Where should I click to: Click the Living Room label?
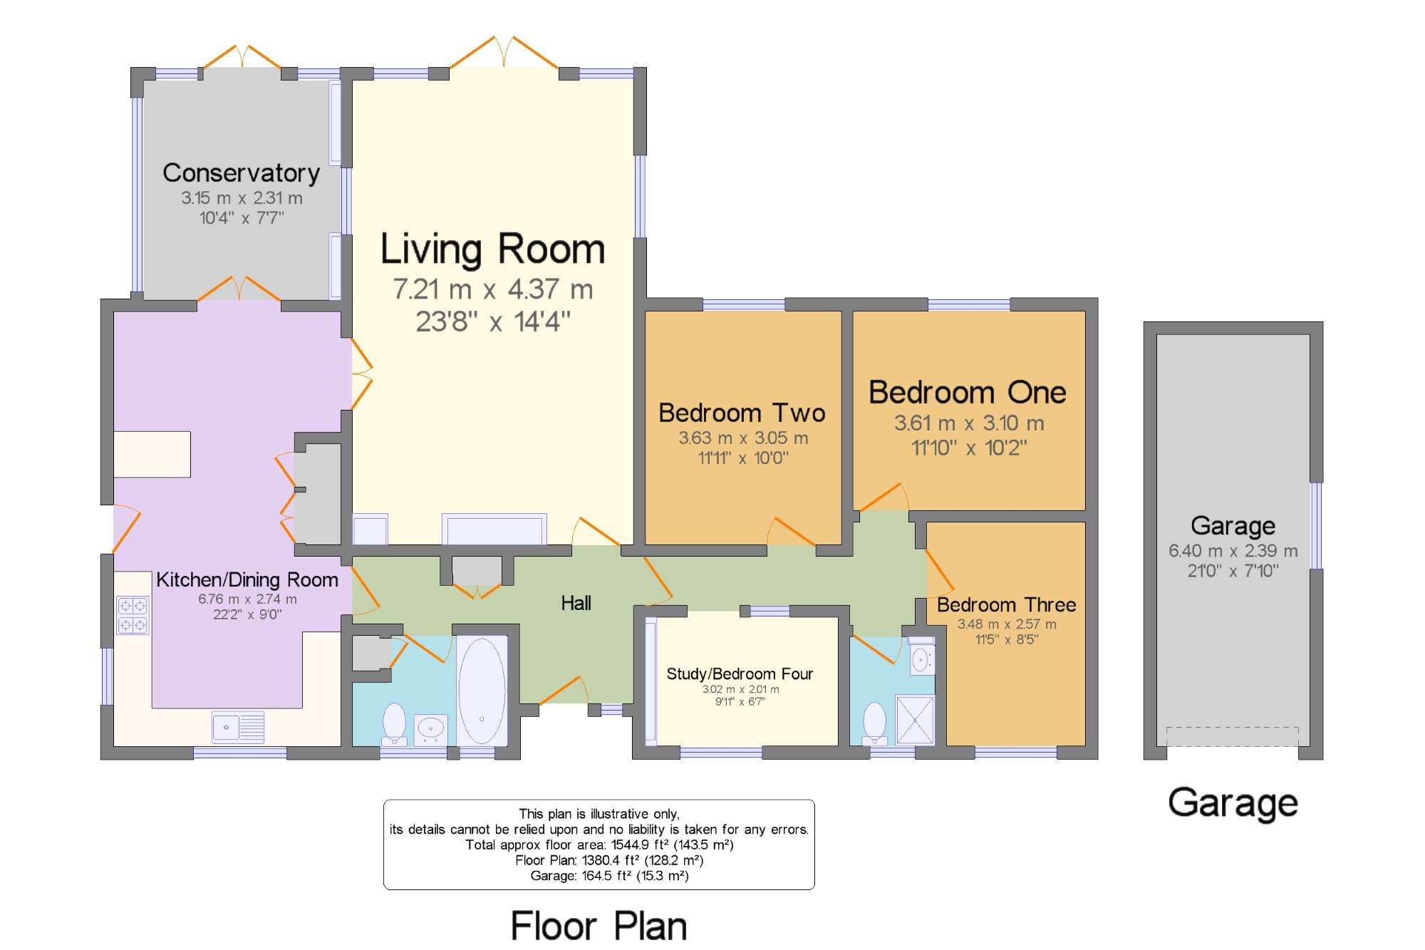492,249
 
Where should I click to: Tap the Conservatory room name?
241,173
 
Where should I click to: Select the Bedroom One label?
967,393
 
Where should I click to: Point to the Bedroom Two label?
742,413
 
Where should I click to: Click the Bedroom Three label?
1006,605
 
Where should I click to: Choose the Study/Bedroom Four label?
740,674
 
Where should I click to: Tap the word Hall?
576,604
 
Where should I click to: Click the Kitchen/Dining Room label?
247,580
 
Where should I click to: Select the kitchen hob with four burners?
133,616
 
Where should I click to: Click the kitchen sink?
238,728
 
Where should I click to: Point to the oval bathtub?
482,691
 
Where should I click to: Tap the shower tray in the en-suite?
915,720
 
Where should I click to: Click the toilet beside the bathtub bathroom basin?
394,723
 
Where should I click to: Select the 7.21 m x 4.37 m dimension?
493,289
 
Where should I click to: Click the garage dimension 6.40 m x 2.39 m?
1233,551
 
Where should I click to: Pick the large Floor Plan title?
598,926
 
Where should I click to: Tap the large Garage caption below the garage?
1233,803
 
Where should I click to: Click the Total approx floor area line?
599,845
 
